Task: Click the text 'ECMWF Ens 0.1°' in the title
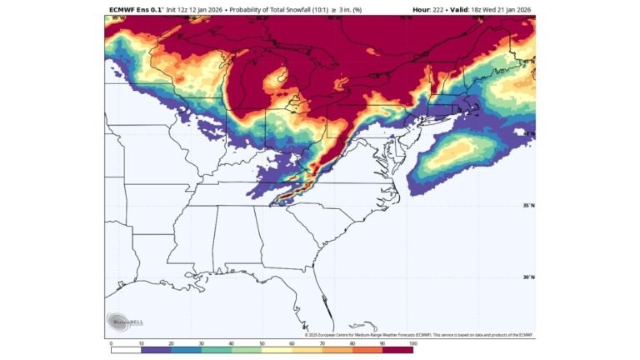pos(137,10)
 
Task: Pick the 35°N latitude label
pos(528,206)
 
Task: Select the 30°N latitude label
pos(528,277)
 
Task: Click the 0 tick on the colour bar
pos(111,342)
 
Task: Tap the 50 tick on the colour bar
pos(262,342)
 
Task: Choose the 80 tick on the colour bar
pos(352,342)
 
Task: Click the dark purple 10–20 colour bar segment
pos(156,350)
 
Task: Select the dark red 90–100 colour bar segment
pos(397,350)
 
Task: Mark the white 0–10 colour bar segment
pos(126,350)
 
